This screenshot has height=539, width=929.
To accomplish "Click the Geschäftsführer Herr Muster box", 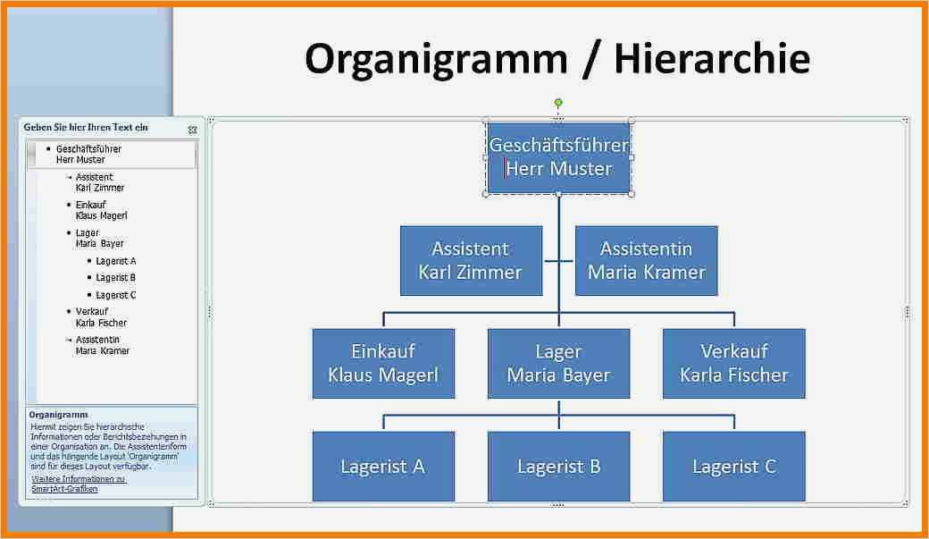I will (558, 157).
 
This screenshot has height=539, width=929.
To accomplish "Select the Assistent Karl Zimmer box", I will (471, 260).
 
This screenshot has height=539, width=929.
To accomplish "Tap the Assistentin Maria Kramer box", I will (646, 260).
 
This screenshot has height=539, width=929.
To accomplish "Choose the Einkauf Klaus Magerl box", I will (383, 363).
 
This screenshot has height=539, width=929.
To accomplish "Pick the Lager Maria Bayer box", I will (558, 363).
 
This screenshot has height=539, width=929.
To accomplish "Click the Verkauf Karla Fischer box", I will (733, 363).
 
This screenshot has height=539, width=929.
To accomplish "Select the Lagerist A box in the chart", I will (383, 466).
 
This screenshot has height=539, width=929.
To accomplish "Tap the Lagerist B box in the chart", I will (558, 466).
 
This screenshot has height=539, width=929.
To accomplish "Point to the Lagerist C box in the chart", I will (733, 466).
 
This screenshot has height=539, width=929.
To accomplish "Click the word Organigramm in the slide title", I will (436, 59).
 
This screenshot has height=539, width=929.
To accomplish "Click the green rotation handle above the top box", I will (558, 103).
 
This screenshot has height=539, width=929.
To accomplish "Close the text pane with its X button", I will (192, 130).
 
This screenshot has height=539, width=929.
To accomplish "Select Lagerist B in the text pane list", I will (115, 278).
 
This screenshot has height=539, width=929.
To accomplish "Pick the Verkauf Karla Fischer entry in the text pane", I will (101, 317).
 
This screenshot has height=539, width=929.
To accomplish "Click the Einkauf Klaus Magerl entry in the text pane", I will (101, 210).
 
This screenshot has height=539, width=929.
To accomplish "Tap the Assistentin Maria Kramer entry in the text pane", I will (102, 345).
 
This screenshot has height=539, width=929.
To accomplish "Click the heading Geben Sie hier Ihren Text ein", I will (86, 128).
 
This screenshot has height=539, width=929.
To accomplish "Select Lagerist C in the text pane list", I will (115, 295).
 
